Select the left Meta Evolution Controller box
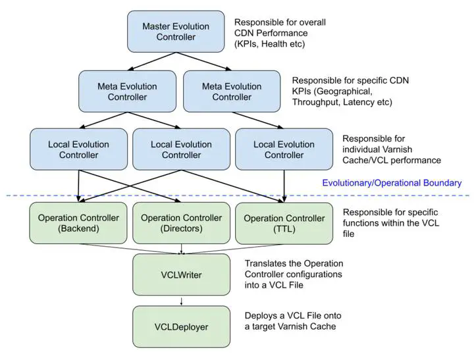pyautogui.click(x=127, y=92)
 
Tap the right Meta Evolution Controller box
pyautogui.click(x=230, y=92)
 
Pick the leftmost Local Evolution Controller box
pyautogui.click(x=78, y=149)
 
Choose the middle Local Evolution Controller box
pyautogui.click(x=181, y=149)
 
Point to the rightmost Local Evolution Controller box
pyautogui.click(x=284, y=149)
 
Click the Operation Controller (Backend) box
pyautogui.click(x=78, y=224)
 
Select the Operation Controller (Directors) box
pyautogui.click(x=181, y=224)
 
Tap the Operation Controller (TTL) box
pyautogui.click(x=284, y=224)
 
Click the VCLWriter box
pyautogui.click(x=181, y=274)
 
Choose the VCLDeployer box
pyautogui.click(x=181, y=326)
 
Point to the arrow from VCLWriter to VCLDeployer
pyautogui.click(x=181, y=299)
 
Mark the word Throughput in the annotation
pyautogui.click(x=317, y=102)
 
